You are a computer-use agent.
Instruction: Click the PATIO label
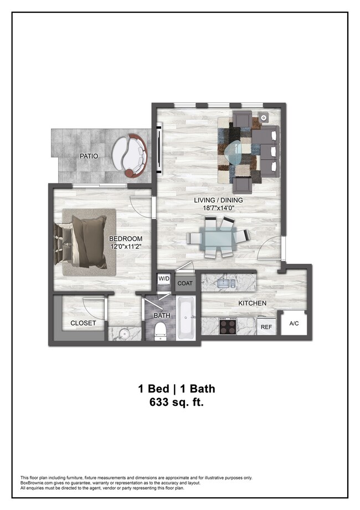click(89, 156)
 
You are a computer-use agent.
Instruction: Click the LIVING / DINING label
click(218, 200)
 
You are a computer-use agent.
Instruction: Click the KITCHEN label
click(252, 303)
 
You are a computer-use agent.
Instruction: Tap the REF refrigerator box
click(266, 327)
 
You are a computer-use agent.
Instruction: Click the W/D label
click(164, 279)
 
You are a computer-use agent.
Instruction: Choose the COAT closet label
click(184, 283)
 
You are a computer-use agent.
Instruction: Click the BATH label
click(162, 316)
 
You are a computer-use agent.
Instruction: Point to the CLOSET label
click(83, 323)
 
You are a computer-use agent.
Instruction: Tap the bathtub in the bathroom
click(185, 319)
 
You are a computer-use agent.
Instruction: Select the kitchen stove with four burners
click(228, 326)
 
